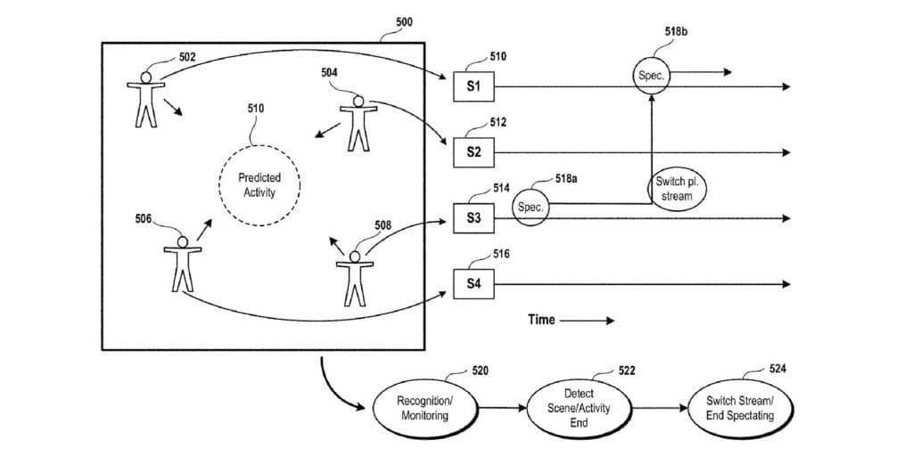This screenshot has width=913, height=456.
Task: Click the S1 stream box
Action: pos(473,86)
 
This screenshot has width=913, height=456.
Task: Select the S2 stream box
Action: pos(473,152)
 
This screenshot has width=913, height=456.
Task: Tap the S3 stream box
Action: pos(473,218)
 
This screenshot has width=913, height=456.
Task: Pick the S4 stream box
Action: pos(473,284)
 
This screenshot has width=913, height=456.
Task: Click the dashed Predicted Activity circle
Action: pos(259,185)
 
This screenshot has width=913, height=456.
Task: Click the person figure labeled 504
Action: pos(358,124)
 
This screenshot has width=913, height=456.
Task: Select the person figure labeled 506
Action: pos(183,263)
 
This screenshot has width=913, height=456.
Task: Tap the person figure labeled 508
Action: pos(355,277)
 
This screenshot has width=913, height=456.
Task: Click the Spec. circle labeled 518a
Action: pos(531,207)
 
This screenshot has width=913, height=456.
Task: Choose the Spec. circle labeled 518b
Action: pos(651,76)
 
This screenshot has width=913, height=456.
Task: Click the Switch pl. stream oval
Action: pos(676,189)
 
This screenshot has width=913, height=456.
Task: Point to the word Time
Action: pos(540,320)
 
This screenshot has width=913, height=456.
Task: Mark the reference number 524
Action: pos(777,368)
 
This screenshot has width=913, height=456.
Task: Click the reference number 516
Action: pos(501,255)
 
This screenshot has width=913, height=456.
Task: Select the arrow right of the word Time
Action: pos(588,320)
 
